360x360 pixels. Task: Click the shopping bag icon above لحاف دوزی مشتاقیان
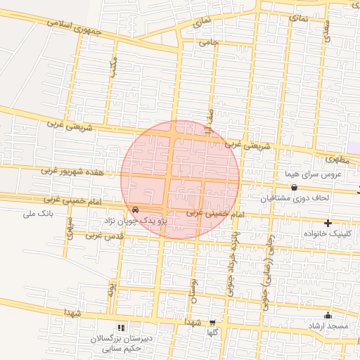click(293, 187)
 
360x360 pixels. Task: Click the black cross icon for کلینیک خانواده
click(327, 222)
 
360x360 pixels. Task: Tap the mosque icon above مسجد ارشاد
click(327, 315)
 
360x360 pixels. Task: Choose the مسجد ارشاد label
click(325, 326)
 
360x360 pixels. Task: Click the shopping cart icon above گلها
click(212, 322)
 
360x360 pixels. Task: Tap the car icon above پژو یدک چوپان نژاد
click(135, 210)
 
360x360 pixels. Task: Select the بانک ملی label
click(39, 212)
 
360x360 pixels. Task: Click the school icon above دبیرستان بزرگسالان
click(121, 328)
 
